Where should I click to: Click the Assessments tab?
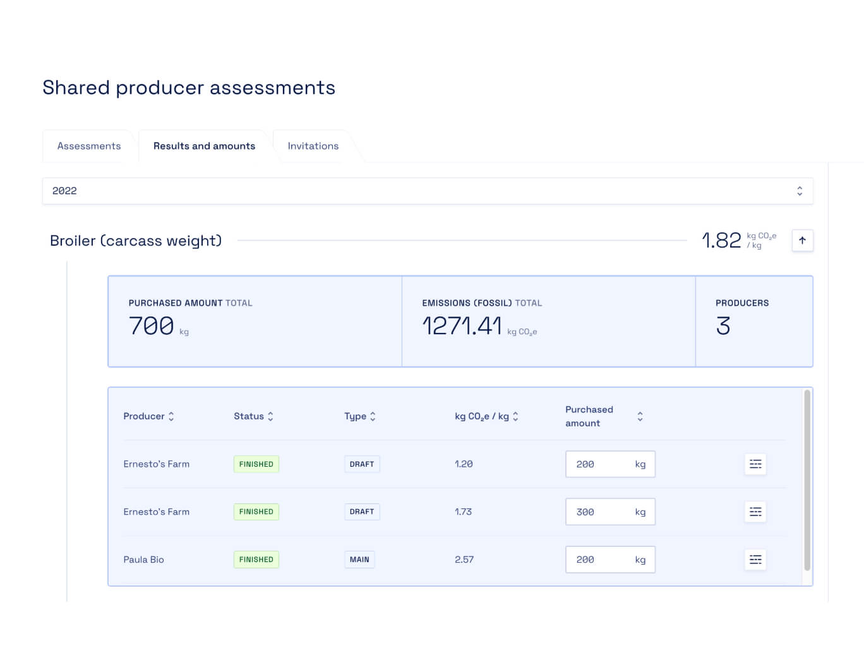coord(88,146)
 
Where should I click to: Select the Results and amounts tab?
coord(204,146)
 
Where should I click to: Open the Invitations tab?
coord(313,146)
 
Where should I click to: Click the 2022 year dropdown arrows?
coord(799,191)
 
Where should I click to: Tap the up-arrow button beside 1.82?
coord(802,240)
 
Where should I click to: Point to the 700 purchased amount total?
coord(152,326)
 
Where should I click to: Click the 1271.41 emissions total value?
coord(462,326)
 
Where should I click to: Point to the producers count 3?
coord(723,326)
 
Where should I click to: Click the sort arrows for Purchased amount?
coord(640,416)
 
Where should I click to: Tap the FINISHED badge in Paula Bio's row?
coord(256,560)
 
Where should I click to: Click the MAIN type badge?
coord(359,560)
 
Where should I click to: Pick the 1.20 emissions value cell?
coord(464,464)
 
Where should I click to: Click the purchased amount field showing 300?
coord(600,512)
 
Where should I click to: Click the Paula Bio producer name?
coord(143,560)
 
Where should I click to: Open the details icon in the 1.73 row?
coord(755,512)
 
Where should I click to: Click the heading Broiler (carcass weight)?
coord(136,241)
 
